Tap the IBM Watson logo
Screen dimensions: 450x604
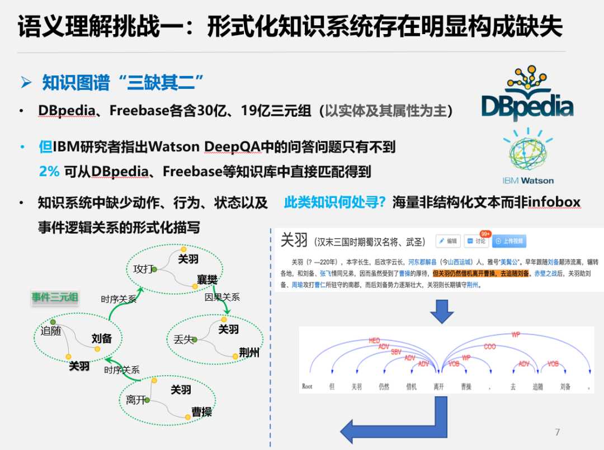point(527,156)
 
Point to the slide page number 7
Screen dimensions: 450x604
point(557,432)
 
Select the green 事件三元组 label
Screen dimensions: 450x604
point(54,297)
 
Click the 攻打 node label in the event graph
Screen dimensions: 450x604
point(142,269)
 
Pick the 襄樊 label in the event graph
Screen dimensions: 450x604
point(206,280)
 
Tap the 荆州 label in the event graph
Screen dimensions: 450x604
point(249,353)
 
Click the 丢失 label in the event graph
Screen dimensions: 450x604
point(183,339)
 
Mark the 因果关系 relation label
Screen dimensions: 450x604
point(222,297)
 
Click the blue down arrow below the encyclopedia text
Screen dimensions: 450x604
point(441,311)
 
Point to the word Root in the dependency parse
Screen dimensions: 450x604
point(307,387)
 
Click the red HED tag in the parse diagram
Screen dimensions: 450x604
point(374,340)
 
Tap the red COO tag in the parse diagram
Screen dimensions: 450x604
point(489,347)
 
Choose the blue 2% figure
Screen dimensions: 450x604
point(49,172)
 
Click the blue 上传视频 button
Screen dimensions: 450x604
point(509,241)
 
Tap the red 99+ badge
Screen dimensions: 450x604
point(485,234)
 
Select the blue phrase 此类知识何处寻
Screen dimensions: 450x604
point(334,202)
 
